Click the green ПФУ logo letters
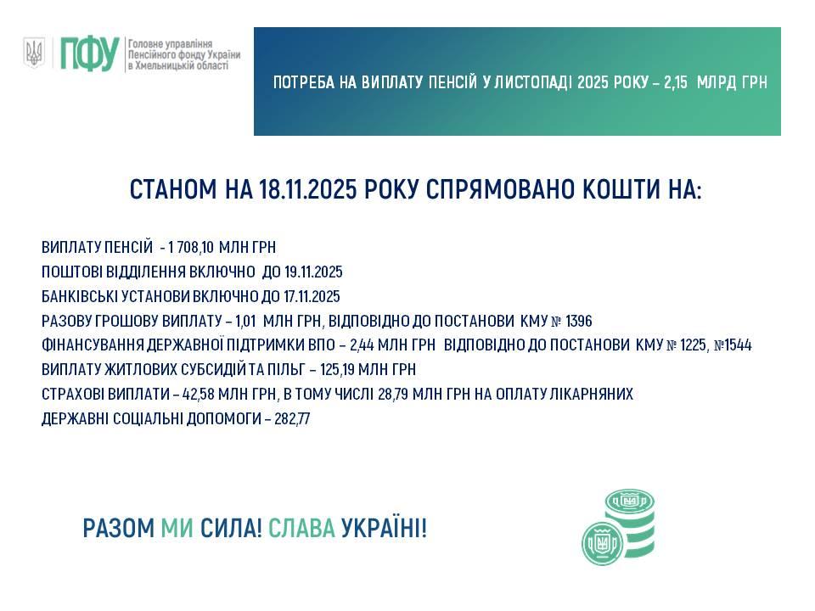point(89,53)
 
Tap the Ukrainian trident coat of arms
point(34,52)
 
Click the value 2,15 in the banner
point(676,82)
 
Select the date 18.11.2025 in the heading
point(307,189)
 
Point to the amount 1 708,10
point(191,247)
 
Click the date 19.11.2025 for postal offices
point(313,272)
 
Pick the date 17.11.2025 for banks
point(312,296)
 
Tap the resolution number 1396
point(578,321)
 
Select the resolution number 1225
point(694,345)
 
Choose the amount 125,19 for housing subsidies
point(337,369)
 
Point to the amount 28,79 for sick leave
point(393,394)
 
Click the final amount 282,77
point(292,418)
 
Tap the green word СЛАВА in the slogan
point(301,529)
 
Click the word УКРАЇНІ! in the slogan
point(384,529)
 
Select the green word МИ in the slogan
point(177,529)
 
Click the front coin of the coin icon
point(603,543)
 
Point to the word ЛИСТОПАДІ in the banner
point(533,82)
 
